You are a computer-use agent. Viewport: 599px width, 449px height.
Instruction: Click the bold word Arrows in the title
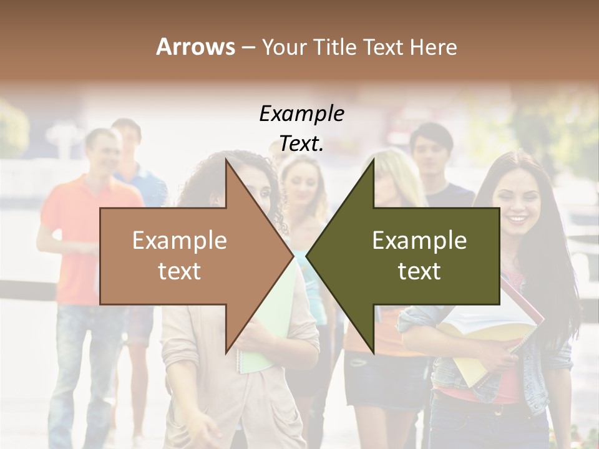[x=195, y=47]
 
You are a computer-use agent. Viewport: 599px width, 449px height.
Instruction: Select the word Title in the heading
[x=339, y=47]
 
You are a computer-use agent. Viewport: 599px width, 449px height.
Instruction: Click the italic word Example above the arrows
[x=301, y=114]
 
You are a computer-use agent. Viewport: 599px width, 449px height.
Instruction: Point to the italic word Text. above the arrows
[x=301, y=144]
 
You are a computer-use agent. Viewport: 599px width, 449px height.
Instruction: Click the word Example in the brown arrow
[x=179, y=241]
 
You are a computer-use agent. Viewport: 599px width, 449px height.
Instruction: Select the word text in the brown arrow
[x=179, y=271]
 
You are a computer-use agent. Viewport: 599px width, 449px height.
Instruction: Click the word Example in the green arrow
[x=419, y=241]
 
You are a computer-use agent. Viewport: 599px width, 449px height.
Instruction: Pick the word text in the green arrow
[x=419, y=271]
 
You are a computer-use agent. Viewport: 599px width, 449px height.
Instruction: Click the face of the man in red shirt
[x=101, y=153]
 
